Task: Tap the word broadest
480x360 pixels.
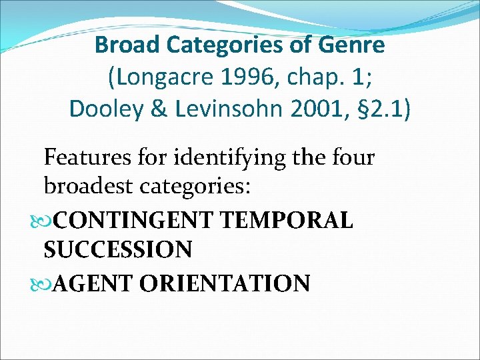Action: click(x=91, y=187)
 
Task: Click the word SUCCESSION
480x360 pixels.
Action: click(x=118, y=250)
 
